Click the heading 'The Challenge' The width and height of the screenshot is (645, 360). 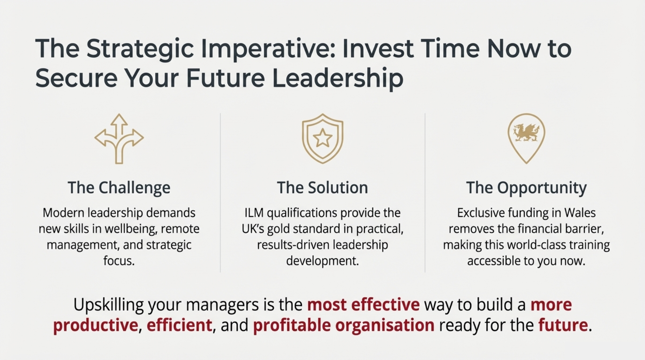(119, 188)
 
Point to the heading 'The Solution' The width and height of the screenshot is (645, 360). (322, 188)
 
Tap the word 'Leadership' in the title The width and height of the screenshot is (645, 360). (338, 78)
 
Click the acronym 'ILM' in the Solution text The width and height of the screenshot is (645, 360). (254, 213)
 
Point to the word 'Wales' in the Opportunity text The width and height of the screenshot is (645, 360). (580, 213)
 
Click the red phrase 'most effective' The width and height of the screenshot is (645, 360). (363, 304)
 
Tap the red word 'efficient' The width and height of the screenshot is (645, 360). (179, 325)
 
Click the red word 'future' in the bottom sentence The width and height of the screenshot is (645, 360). (563, 325)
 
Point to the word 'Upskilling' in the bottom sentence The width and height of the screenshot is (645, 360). (108, 305)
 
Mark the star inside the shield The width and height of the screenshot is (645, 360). (322, 138)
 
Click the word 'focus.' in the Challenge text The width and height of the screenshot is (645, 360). (119, 261)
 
